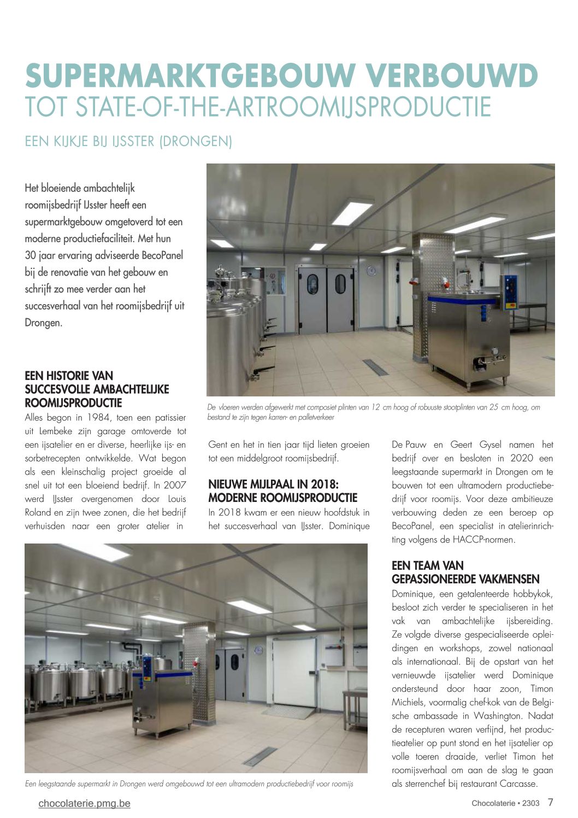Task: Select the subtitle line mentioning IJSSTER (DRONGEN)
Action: pyautogui.click(x=128, y=142)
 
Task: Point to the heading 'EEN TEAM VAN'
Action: pyautogui.click(x=428, y=565)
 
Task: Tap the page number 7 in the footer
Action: pyautogui.click(x=550, y=803)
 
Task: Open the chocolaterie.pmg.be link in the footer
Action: pyautogui.click(x=85, y=803)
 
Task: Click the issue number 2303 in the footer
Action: pyautogui.click(x=530, y=803)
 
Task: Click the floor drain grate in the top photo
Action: pyautogui.click(x=375, y=367)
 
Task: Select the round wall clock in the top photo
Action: pyautogui.click(x=372, y=270)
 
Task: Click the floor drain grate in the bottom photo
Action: pyautogui.click(x=260, y=756)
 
